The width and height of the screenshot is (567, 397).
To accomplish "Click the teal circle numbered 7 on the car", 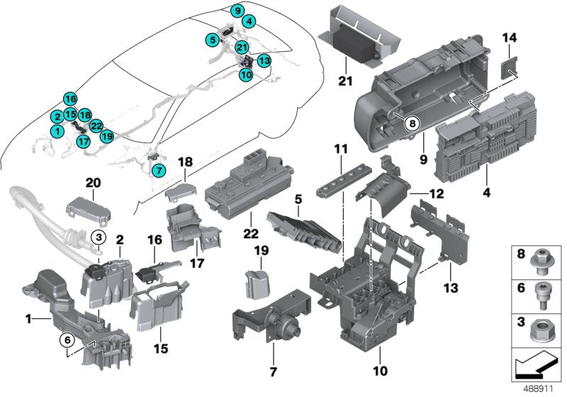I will tap(157, 169).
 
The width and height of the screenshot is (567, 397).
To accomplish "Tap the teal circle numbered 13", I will tap(264, 61).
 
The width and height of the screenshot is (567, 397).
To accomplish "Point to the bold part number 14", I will tap(510, 38).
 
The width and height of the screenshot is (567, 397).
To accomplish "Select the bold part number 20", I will tap(94, 183).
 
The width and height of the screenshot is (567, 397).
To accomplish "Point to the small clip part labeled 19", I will tap(257, 284).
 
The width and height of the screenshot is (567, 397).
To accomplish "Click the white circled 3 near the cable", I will tap(100, 236).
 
